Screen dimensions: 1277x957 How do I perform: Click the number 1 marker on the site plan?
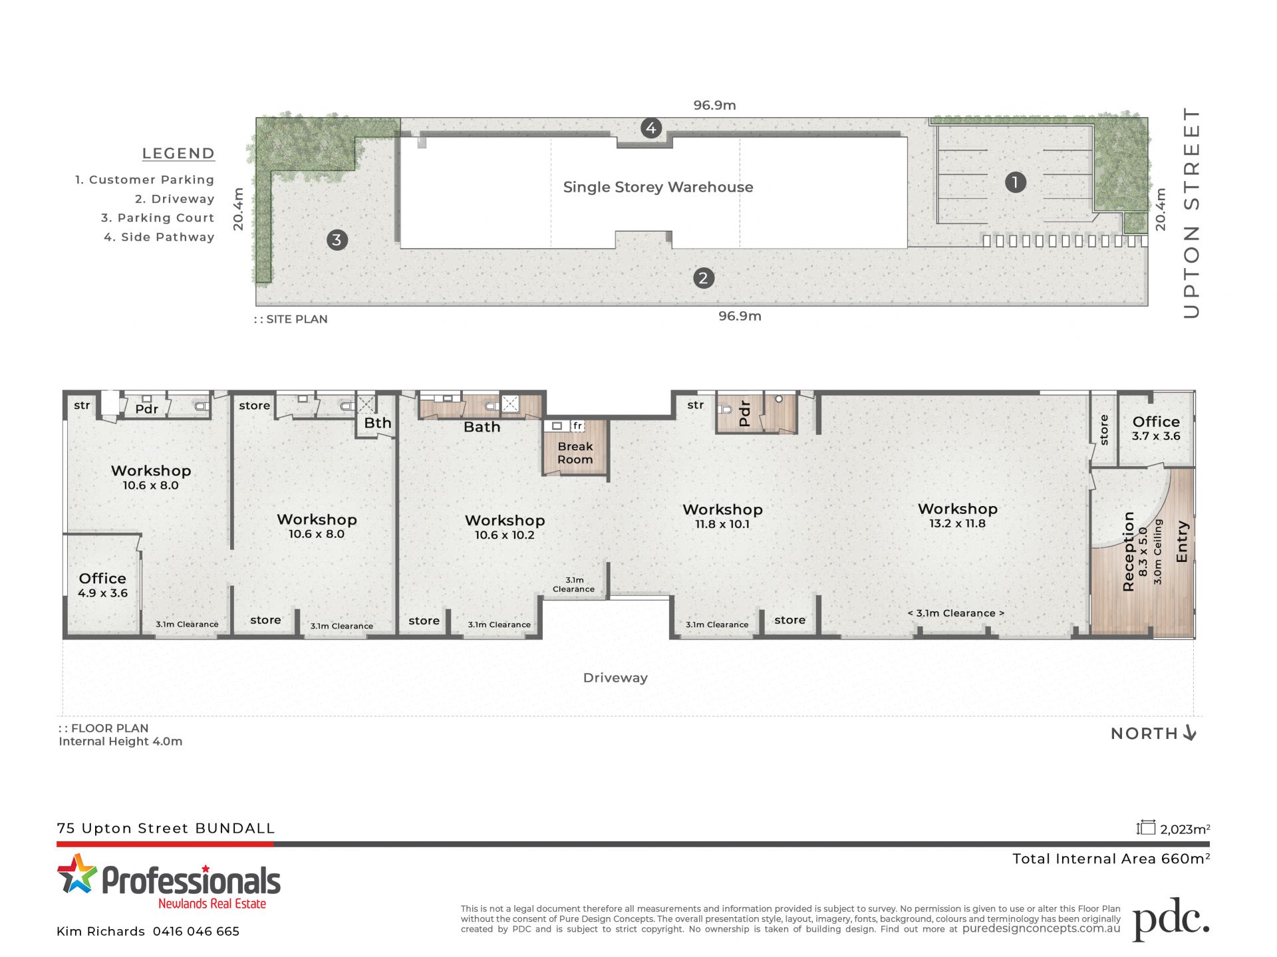(x=1015, y=182)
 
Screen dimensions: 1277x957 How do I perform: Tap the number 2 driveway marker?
(x=704, y=278)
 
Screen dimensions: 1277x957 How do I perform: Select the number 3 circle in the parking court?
(x=337, y=239)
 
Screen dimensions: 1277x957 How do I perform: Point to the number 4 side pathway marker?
(x=651, y=128)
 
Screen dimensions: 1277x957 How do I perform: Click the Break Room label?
(x=575, y=453)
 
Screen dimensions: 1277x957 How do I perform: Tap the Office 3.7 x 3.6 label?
(x=1156, y=428)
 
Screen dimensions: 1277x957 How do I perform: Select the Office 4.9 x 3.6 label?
(x=102, y=585)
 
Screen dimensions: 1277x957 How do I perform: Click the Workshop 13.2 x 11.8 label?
(x=958, y=515)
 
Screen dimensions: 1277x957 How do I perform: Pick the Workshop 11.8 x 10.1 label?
(x=723, y=516)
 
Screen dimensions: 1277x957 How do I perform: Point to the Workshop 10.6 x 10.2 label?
(x=505, y=527)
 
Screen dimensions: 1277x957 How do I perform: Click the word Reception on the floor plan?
(x=1128, y=551)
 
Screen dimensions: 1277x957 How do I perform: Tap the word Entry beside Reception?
(x=1182, y=541)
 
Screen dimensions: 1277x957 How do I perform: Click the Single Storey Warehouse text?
(x=658, y=187)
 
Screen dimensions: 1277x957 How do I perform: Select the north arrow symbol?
(x=1190, y=733)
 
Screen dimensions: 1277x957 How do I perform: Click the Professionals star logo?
(x=76, y=873)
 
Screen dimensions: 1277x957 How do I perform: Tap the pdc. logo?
(x=1171, y=919)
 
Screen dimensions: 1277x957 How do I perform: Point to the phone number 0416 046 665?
(x=196, y=932)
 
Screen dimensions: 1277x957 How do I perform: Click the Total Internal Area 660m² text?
(x=1111, y=859)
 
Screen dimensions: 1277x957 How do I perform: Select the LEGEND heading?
(x=178, y=154)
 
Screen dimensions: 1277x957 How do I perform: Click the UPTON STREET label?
(x=1191, y=213)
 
